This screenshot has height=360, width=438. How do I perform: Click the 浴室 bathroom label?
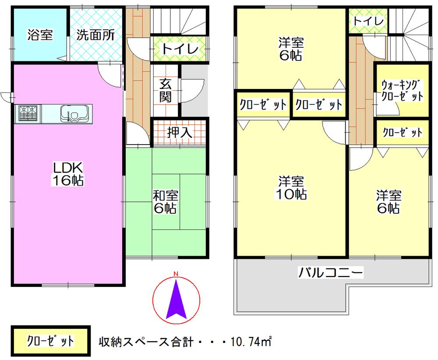pos(40,35)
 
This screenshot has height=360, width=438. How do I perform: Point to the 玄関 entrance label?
pos(165,90)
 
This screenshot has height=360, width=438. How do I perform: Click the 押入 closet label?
pos(180,132)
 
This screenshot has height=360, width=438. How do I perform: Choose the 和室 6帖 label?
pos(165,201)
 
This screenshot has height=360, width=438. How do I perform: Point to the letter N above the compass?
pos(176,274)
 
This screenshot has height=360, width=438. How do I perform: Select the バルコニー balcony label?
pos(331,274)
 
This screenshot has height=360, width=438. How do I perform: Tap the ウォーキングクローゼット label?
pos(402,90)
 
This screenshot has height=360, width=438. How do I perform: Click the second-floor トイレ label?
pos(368,21)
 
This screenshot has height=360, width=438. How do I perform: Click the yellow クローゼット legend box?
pos(50,340)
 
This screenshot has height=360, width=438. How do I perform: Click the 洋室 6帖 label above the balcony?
pos(389,201)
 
